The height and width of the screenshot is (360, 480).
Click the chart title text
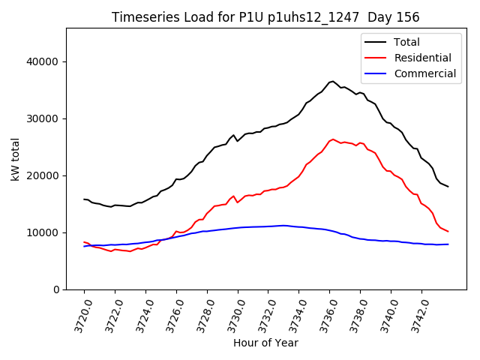click(265, 17)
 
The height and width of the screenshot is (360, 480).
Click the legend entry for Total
click(407, 42)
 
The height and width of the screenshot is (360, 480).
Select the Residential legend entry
click(422, 58)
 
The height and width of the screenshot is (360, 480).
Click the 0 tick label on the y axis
click(57, 289)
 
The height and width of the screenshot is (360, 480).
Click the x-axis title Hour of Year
click(265, 343)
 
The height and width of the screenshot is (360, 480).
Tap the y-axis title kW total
click(15, 159)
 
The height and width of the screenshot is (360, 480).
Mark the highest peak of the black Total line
click(332, 81)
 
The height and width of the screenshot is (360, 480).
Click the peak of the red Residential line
click(334, 139)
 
